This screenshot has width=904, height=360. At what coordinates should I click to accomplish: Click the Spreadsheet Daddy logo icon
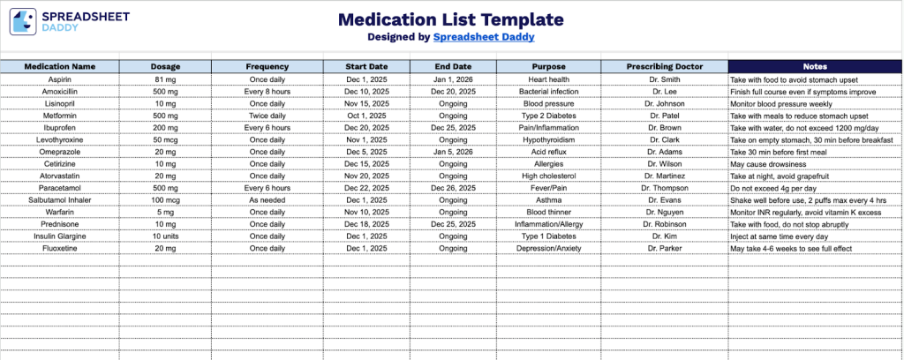(23, 21)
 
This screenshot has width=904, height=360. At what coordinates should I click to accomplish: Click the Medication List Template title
(451, 19)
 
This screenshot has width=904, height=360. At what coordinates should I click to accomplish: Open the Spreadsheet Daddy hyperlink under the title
(484, 37)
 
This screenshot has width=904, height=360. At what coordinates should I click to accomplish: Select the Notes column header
(815, 66)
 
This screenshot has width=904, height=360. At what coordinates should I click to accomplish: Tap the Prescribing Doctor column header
(664, 66)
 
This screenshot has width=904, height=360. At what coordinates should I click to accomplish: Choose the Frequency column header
(267, 66)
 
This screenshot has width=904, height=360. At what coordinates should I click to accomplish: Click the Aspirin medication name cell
(60, 79)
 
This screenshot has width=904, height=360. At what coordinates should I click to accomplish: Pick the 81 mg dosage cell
(165, 79)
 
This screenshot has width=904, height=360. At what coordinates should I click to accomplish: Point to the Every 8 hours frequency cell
(267, 91)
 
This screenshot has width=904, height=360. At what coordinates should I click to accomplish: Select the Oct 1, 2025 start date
(366, 116)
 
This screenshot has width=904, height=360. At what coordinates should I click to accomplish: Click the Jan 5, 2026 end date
(454, 151)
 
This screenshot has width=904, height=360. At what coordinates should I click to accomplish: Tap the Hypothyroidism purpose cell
(548, 139)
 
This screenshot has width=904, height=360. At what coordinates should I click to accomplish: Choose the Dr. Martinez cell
(664, 176)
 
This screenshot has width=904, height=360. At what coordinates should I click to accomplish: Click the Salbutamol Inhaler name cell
(60, 200)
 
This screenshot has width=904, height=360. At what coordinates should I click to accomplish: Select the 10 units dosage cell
(165, 236)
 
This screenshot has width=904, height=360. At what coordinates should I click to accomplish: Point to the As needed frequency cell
(267, 200)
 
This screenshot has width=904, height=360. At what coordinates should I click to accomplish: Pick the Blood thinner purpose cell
(548, 212)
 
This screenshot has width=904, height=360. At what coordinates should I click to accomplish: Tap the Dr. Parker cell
(664, 249)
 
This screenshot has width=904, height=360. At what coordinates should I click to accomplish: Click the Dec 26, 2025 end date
(454, 188)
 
